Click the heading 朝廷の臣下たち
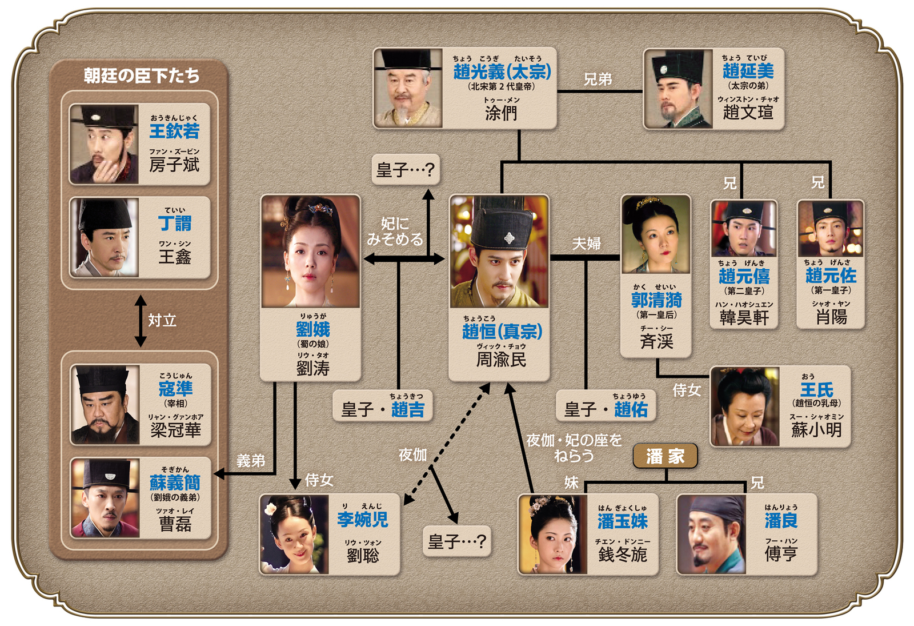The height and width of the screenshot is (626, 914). pyautogui.click(x=142, y=75)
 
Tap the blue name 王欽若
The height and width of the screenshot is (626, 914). pyautogui.click(x=174, y=131)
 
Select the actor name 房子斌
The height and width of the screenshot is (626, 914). pyautogui.click(x=174, y=165)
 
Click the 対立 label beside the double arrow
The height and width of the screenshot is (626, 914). pyautogui.click(x=162, y=321)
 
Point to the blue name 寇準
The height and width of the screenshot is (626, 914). pyautogui.click(x=175, y=388)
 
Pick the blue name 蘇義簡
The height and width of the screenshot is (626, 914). pyautogui.click(x=175, y=483)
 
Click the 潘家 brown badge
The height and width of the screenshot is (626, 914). pyautogui.click(x=665, y=456)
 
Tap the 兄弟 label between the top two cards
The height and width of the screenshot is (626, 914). pyautogui.click(x=598, y=79)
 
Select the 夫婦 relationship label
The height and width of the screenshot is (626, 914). pyautogui.click(x=586, y=244)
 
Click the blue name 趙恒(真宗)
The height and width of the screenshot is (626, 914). pyautogui.click(x=502, y=331)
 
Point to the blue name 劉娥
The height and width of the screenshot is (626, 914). pyautogui.click(x=313, y=329)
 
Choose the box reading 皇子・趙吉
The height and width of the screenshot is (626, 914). pyautogui.click(x=382, y=405)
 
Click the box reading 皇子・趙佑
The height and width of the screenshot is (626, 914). pyautogui.click(x=606, y=405)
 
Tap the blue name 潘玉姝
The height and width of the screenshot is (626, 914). pyautogui.click(x=623, y=521)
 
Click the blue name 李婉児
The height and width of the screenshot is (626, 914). pyautogui.click(x=363, y=520)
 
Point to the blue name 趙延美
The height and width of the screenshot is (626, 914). pyautogui.click(x=748, y=71)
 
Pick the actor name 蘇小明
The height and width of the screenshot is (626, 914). pyautogui.click(x=816, y=429)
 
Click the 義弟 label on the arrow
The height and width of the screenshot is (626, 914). pyautogui.click(x=251, y=461)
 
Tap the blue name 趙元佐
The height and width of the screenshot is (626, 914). pyautogui.click(x=831, y=276)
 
